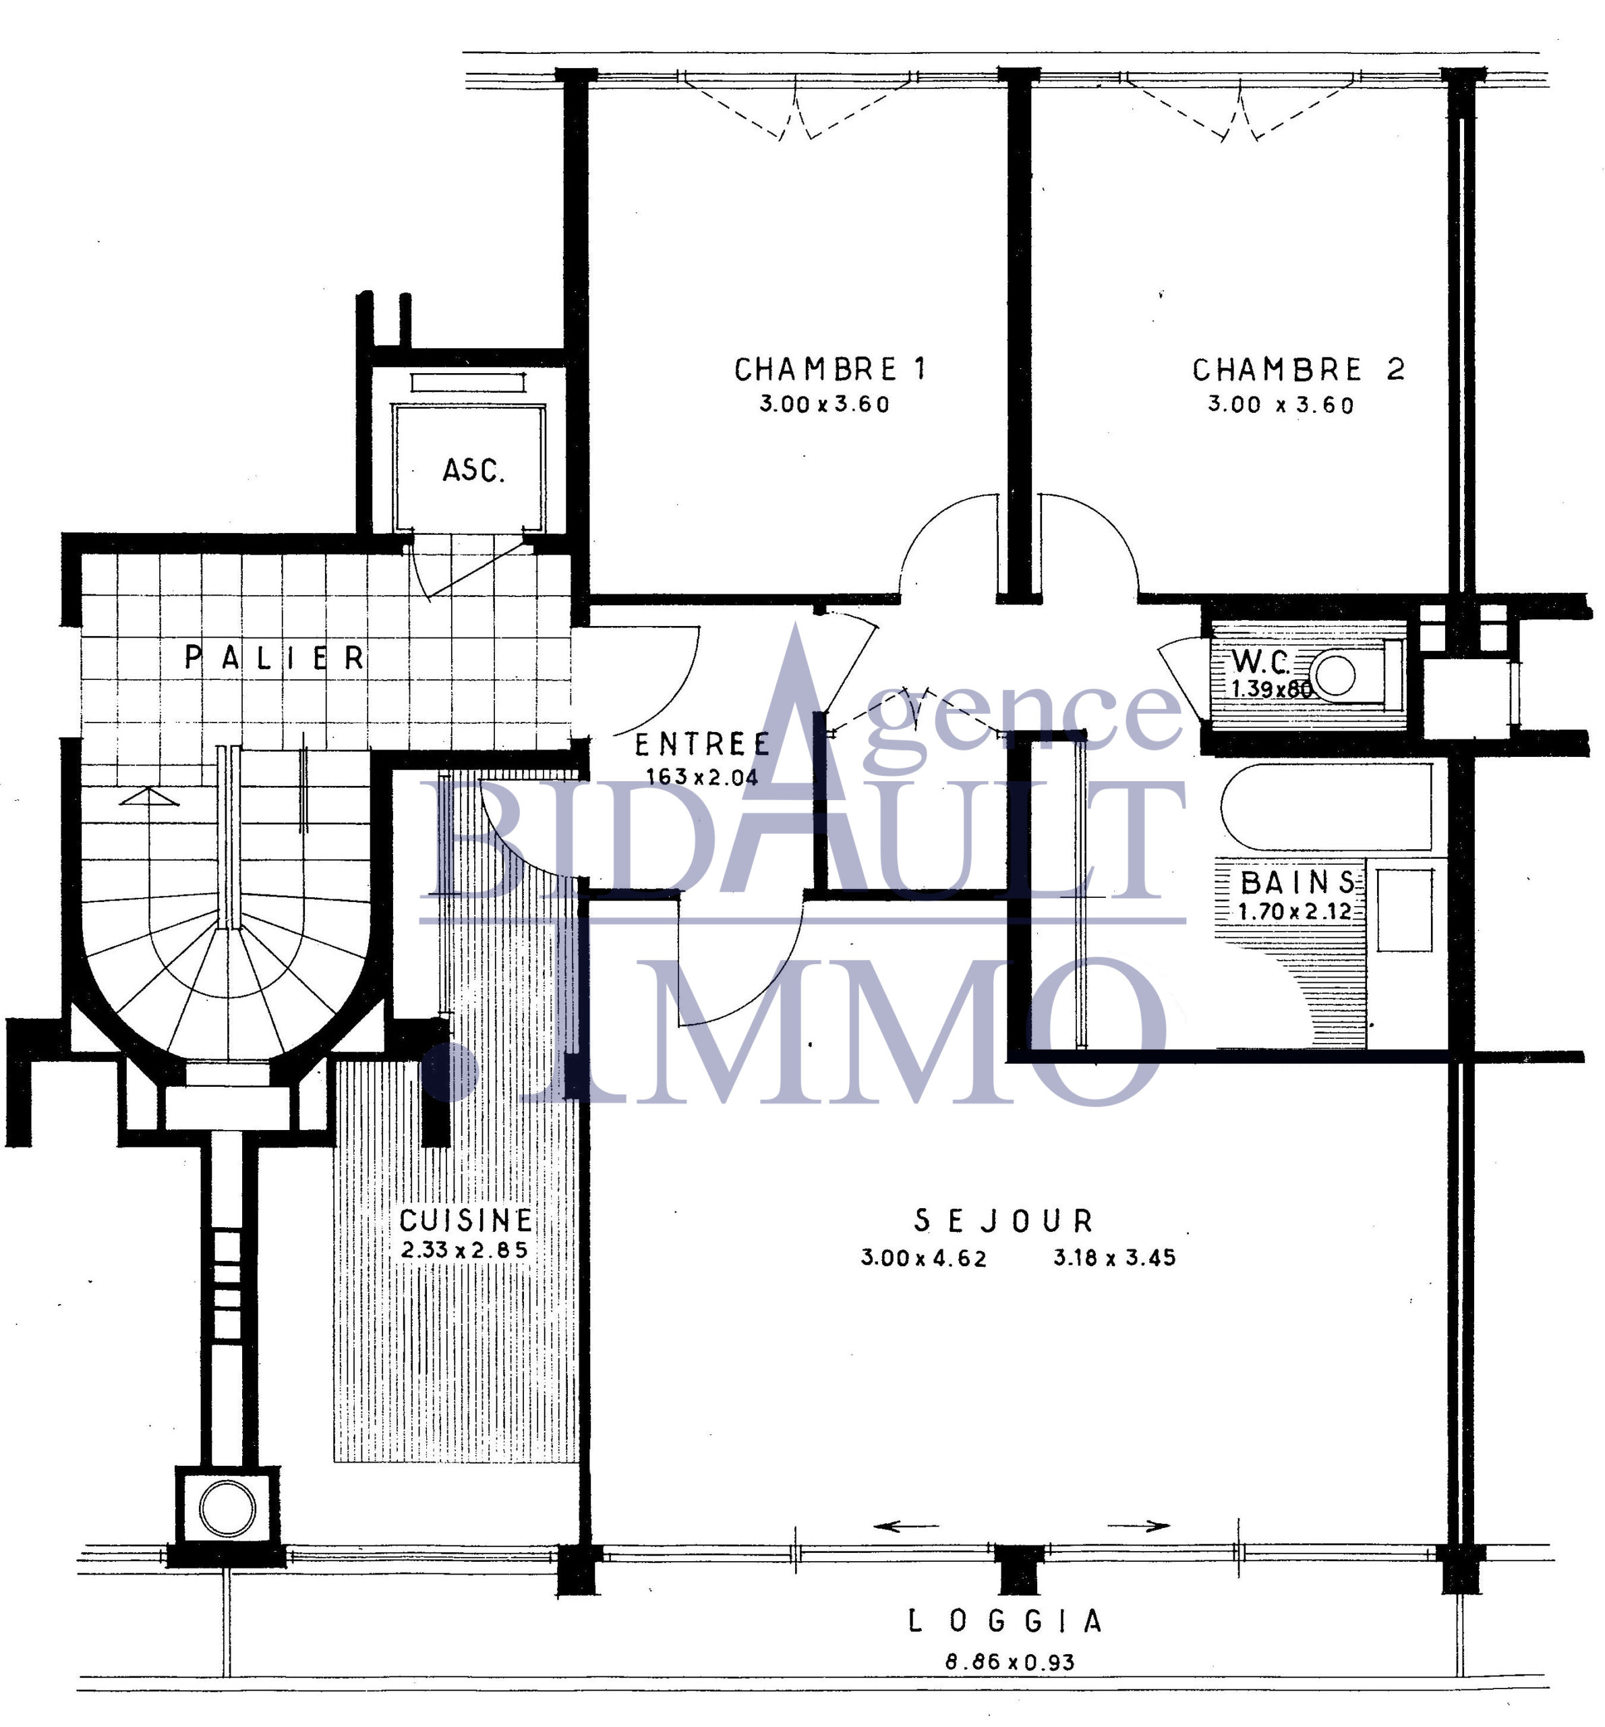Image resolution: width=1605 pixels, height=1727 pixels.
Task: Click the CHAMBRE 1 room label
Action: pos(830,369)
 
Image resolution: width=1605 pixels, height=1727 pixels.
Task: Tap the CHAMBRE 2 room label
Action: pos(1297,369)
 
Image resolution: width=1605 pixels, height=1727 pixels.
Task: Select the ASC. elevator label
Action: pos(473,470)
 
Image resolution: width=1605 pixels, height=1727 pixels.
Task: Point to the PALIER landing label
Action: pos(274,658)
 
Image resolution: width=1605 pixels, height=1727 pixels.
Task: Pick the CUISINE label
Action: pos(465,1220)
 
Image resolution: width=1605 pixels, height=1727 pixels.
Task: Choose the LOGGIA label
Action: pos(1005,1621)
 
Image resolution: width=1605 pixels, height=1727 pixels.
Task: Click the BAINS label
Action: pos(1297,882)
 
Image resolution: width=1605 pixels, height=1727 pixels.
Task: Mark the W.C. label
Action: pos(1261,662)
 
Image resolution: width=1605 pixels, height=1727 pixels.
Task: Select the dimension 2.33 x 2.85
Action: pos(465,1250)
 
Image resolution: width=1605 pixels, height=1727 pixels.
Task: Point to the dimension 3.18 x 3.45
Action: pos(1114,1258)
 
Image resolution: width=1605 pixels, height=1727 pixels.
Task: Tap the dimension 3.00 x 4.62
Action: pos(924,1258)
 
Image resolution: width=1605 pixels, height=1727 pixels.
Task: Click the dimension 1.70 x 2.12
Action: pos(1295,912)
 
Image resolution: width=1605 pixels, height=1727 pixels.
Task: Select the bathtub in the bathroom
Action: pos(1326,807)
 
